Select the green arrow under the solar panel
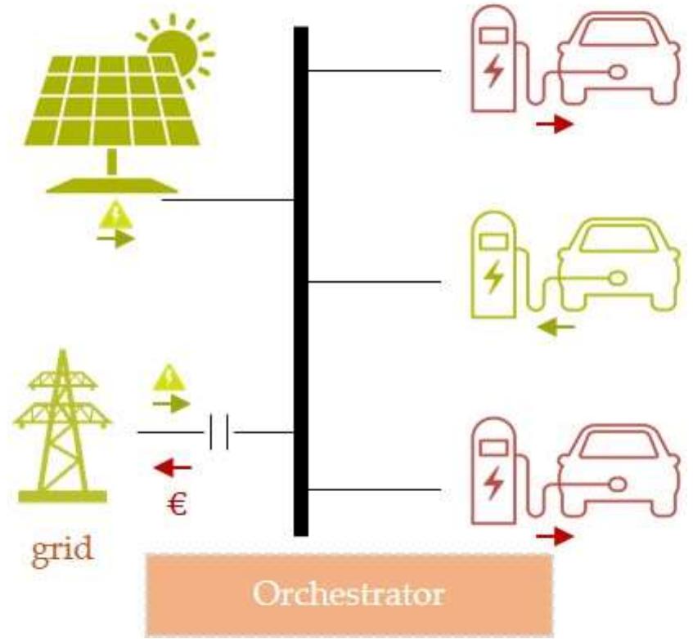(x=115, y=239)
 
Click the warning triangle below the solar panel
(x=114, y=216)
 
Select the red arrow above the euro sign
(x=173, y=467)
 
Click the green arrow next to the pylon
(x=171, y=403)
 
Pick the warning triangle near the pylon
(x=170, y=378)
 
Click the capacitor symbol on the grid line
(x=218, y=431)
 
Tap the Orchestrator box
(x=349, y=592)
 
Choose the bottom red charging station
(x=494, y=474)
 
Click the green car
(x=618, y=266)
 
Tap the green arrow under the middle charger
(x=556, y=328)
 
